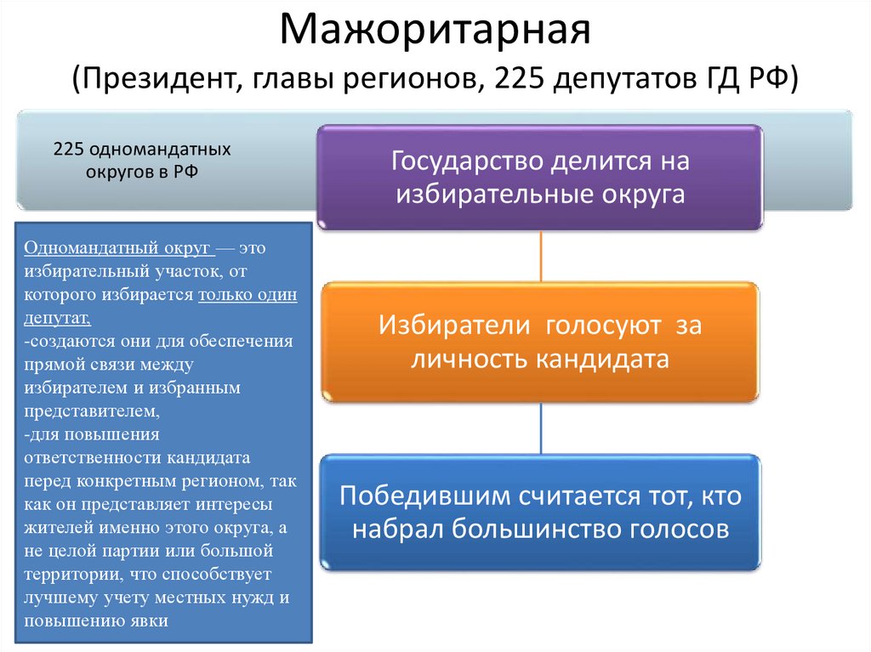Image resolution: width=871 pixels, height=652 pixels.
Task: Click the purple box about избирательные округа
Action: click(540, 177)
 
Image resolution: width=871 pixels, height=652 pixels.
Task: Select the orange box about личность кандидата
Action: click(540, 343)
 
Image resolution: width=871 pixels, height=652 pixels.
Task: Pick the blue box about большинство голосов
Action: click(540, 513)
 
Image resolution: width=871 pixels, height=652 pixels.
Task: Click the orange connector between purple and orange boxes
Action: click(541, 257)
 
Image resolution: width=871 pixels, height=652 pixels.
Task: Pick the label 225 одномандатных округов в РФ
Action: click(142, 160)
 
